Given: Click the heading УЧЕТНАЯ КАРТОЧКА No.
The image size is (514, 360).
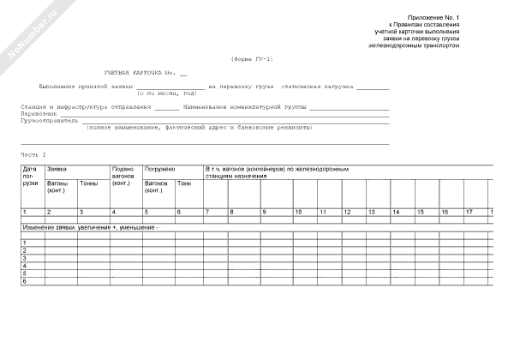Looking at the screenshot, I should [x=138, y=75].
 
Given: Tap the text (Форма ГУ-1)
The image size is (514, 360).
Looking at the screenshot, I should [x=252, y=58].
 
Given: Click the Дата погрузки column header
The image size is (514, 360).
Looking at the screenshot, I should [x=31, y=177].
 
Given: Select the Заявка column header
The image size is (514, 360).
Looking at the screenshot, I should [x=57, y=170].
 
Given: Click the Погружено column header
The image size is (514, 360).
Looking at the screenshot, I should [x=159, y=170].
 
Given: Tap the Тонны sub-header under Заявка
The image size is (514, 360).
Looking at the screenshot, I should [x=88, y=183].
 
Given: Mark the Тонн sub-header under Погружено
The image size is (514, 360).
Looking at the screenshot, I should [x=184, y=183].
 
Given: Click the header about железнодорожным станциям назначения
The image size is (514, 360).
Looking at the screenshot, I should [x=276, y=172].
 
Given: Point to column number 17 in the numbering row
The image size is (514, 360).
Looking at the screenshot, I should [x=469, y=212].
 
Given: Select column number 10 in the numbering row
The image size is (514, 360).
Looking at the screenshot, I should [x=298, y=212].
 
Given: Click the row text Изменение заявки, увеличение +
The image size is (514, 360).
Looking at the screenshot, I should [x=90, y=228].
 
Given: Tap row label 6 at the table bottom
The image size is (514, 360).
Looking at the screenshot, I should [x=25, y=281].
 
